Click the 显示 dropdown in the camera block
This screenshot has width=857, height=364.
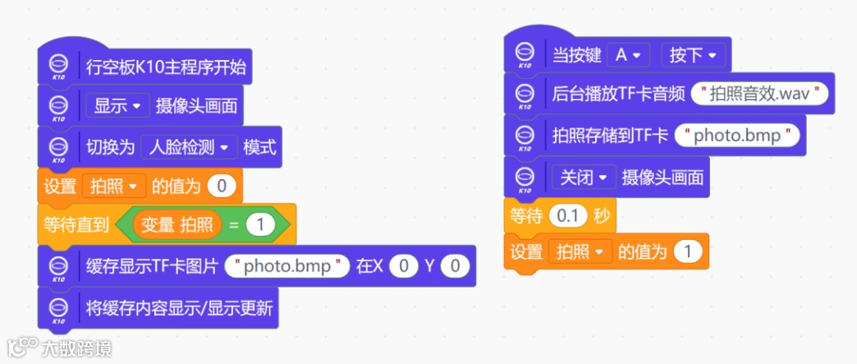[116, 106]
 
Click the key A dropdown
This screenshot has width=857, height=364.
[628, 55]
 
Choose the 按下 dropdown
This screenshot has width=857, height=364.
[693, 55]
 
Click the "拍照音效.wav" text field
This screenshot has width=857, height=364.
[760, 94]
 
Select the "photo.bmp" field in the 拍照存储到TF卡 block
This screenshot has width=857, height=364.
[737, 135]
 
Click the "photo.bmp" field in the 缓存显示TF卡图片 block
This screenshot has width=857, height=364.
[287, 265]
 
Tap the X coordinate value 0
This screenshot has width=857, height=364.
[402, 265]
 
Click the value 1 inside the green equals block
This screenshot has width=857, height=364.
[260, 224]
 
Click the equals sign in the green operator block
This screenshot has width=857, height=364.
[233, 224]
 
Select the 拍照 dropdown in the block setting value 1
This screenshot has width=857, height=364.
[580, 251]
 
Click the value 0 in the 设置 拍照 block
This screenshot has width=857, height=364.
[221, 187]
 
